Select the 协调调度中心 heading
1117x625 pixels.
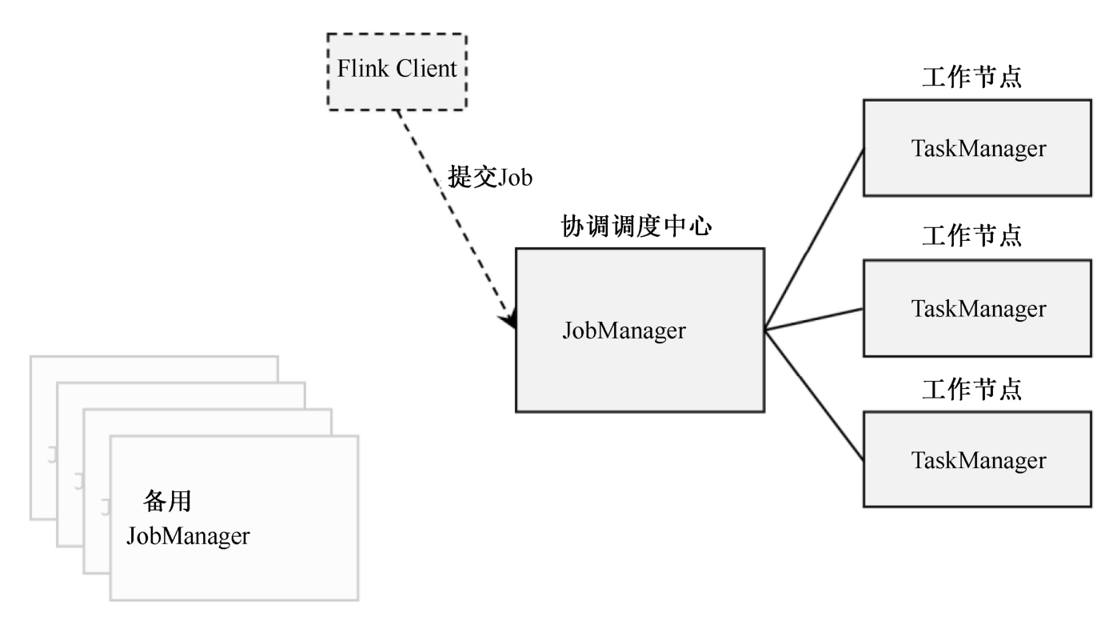click(x=635, y=226)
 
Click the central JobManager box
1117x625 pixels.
click(x=639, y=330)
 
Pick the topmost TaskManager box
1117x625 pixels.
click(x=977, y=148)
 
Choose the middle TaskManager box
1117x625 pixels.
click(x=977, y=308)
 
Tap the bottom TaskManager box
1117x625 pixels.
click(x=977, y=459)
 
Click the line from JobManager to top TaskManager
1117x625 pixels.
click(x=814, y=238)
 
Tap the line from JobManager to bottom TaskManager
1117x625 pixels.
click(x=814, y=395)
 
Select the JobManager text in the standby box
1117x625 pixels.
click(x=188, y=535)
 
